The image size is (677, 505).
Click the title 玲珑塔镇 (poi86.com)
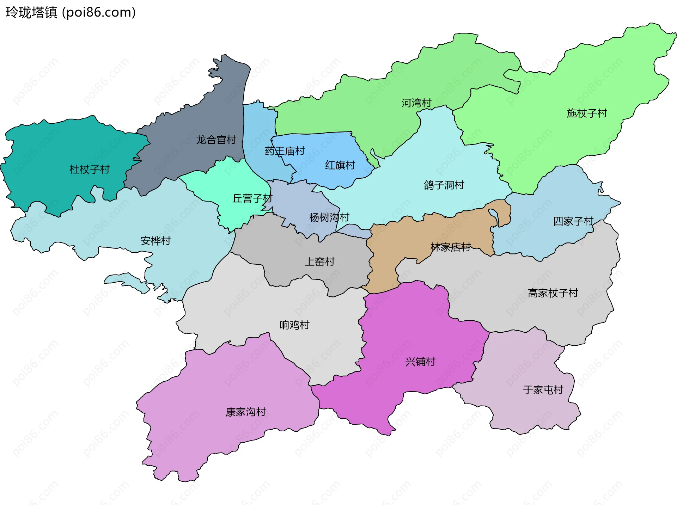(71, 13)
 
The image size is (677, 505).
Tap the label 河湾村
(416, 103)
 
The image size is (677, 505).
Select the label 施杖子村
(587, 113)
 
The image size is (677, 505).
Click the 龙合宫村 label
(216, 140)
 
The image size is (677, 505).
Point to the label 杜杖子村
(90, 170)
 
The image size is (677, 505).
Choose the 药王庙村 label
(285, 151)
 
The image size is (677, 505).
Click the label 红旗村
(340, 165)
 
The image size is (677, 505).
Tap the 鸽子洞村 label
(444, 185)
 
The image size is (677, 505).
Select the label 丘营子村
(252, 198)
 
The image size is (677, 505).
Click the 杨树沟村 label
(329, 217)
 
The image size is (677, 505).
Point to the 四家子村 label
(573, 221)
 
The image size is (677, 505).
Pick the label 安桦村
(155, 241)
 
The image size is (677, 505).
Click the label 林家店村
(451, 247)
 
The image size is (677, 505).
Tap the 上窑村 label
(319, 261)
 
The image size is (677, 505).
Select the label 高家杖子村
(553, 293)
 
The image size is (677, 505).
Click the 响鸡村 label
(294, 325)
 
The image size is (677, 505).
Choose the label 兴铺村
(420, 362)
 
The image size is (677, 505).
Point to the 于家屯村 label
(543, 390)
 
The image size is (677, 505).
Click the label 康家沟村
(246, 412)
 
